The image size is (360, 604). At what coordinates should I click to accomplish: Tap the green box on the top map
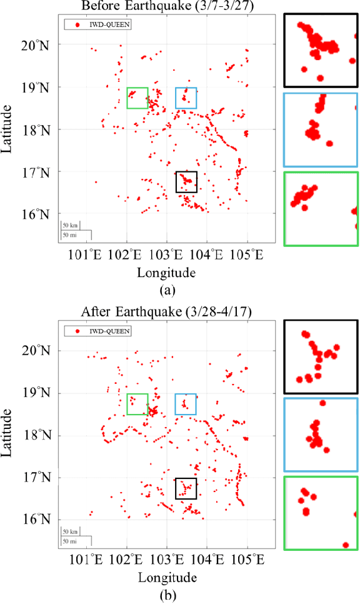tap(137, 98)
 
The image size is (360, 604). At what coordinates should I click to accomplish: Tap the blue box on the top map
tap(186, 98)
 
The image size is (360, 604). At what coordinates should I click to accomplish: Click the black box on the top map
tap(186, 182)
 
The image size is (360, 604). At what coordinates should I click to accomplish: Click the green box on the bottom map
tap(137, 404)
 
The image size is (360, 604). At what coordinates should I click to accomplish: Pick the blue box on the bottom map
tap(186, 404)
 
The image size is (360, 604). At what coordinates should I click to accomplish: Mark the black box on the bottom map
tap(186, 488)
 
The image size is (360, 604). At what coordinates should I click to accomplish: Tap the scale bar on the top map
tap(76, 230)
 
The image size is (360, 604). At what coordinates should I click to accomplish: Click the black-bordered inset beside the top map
tap(321, 50)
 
